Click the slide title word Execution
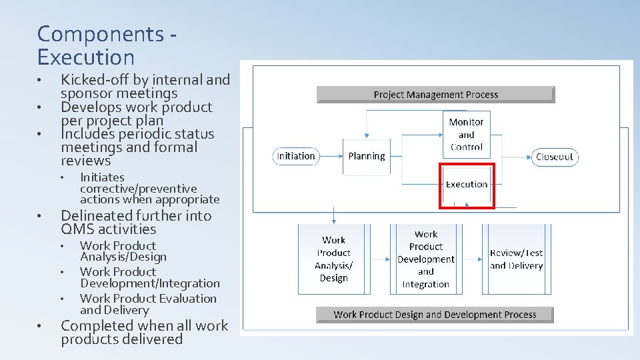86,57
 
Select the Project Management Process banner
435,95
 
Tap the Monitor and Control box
466,135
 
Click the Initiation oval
296,156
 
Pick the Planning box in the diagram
366,156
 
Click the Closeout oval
555,157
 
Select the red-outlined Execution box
466,185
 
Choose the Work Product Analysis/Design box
334,259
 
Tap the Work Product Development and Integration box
426,259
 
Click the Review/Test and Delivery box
516,259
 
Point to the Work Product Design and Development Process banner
435,314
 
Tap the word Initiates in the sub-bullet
102,177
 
